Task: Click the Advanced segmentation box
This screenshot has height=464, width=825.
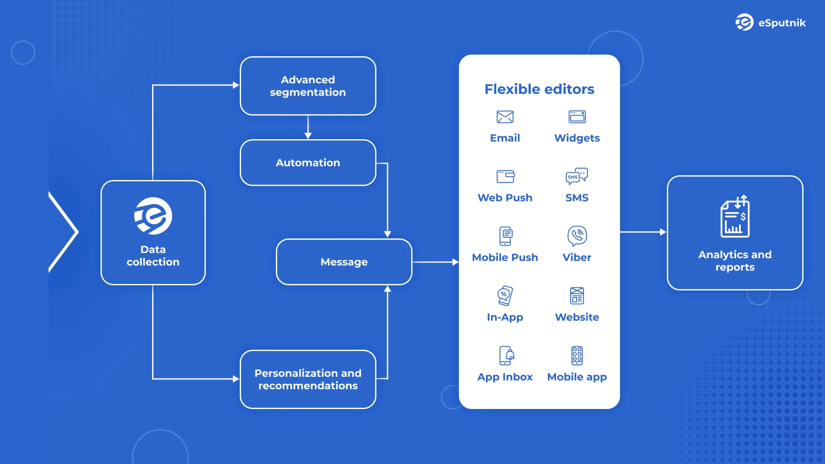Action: tap(308, 86)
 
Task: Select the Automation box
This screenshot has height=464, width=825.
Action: tap(308, 163)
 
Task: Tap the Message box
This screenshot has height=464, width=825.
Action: tap(344, 262)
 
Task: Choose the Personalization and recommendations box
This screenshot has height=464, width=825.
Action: tap(308, 379)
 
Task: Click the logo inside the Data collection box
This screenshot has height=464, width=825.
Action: tap(153, 216)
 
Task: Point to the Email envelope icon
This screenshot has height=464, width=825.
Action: tap(505, 117)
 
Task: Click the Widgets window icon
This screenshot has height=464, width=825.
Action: tap(577, 117)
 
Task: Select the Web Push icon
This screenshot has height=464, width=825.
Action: tap(505, 176)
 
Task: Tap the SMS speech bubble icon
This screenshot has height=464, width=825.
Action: tap(577, 176)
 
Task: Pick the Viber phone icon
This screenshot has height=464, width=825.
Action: tap(577, 235)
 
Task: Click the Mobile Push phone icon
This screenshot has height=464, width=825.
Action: tap(506, 236)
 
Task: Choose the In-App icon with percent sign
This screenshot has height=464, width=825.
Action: tap(505, 296)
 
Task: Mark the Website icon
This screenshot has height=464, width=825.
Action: tap(577, 296)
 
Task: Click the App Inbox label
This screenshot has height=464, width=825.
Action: tap(505, 377)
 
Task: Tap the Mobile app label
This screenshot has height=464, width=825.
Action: tap(577, 377)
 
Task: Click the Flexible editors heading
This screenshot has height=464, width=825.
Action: tap(539, 89)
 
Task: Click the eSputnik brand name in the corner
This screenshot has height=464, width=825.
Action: tap(782, 23)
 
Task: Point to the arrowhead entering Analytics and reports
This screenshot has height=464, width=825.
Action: tap(663, 232)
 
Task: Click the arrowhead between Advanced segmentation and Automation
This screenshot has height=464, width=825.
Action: tap(308, 136)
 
